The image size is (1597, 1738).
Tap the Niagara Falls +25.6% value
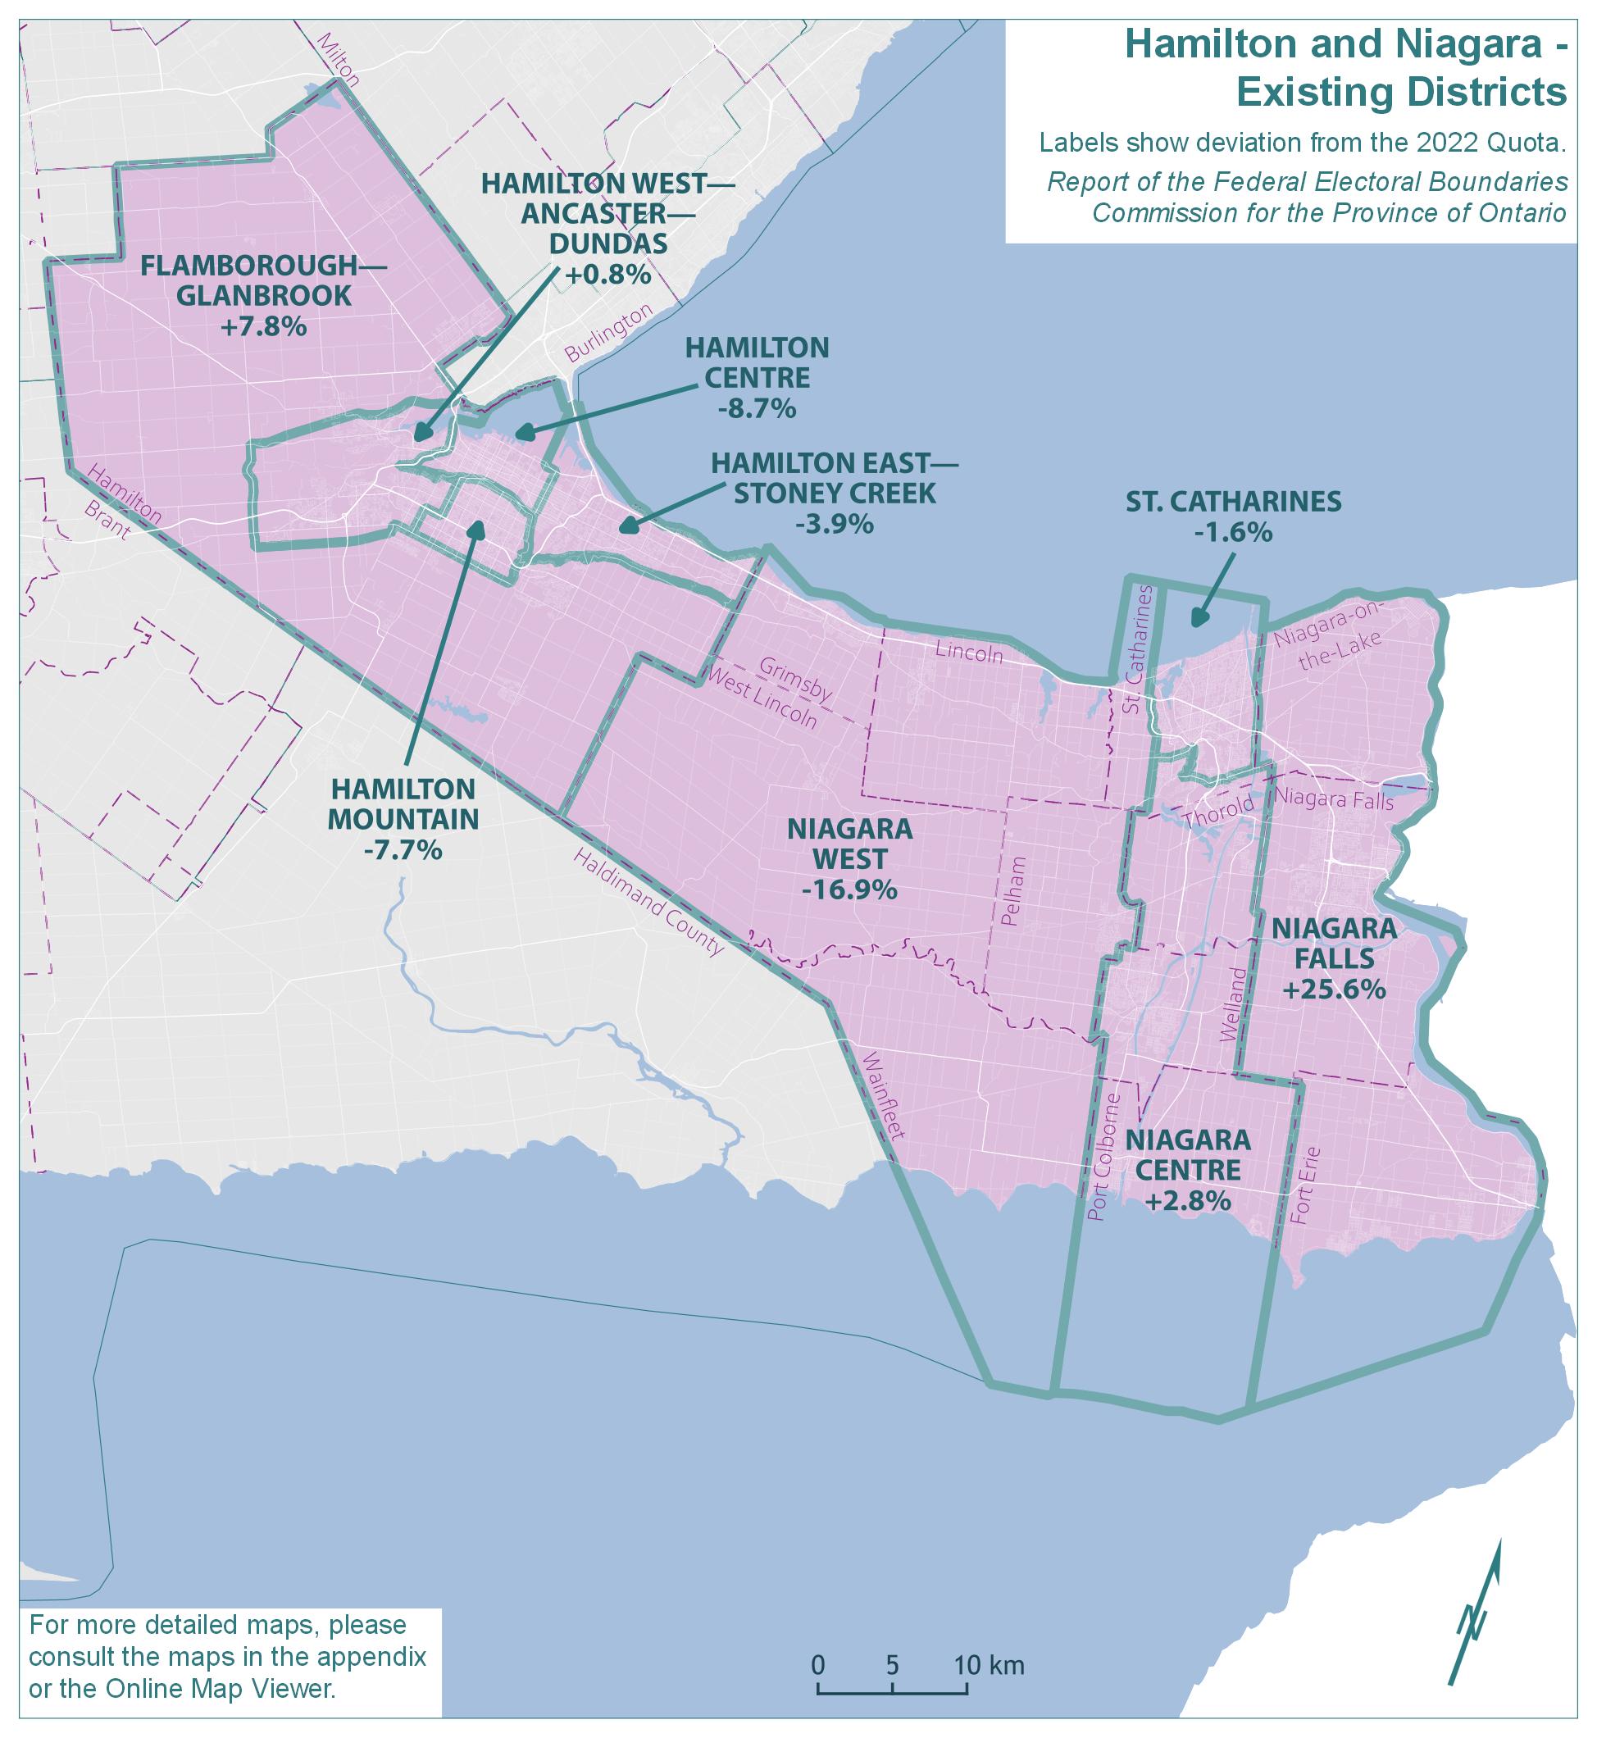1335,990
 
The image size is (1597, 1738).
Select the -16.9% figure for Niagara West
849,889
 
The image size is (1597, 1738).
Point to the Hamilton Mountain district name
403,803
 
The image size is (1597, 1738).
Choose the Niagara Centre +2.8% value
1187,1201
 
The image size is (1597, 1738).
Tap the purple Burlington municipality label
606,334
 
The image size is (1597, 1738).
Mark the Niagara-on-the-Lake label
1327,638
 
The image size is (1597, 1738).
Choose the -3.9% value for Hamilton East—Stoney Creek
834,524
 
